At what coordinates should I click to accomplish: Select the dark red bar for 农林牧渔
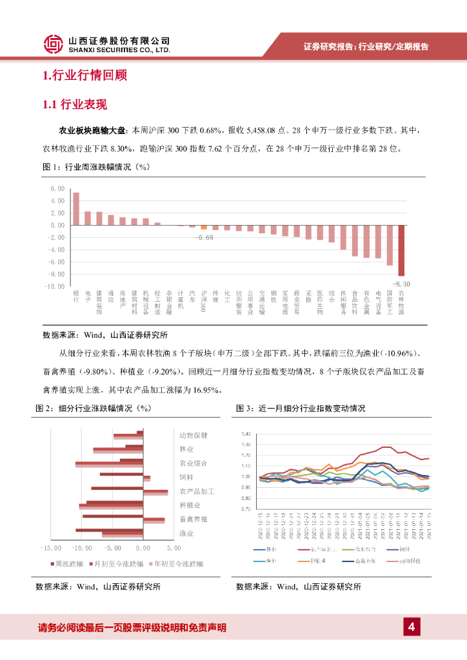[x=401, y=250]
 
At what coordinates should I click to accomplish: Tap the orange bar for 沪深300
[x=204, y=227]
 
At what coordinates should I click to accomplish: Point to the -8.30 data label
[x=401, y=283]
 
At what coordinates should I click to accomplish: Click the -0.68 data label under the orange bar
[x=204, y=237]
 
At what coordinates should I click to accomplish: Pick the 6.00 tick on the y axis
[x=58, y=189]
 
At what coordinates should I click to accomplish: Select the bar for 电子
[x=88, y=218]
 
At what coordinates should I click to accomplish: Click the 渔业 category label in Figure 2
[x=186, y=533]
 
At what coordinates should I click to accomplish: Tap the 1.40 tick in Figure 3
[x=245, y=434]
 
